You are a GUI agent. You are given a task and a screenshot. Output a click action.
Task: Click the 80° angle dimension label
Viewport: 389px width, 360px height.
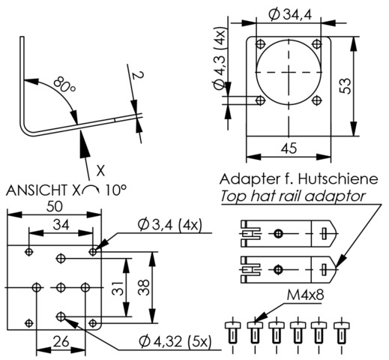(x=64, y=85)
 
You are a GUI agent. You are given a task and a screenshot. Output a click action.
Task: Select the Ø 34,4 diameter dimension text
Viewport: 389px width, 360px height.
(x=290, y=15)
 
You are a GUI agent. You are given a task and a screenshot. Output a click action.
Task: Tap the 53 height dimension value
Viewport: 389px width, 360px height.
(x=346, y=86)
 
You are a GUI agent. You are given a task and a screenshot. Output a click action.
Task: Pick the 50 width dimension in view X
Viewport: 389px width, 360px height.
(x=55, y=207)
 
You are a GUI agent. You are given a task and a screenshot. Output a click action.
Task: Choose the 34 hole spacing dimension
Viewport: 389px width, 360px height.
(x=61, y=225)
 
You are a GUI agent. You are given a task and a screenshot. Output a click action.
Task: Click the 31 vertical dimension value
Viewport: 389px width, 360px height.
(x=118, y=288)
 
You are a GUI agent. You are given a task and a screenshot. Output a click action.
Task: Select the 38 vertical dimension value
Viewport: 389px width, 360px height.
(x=144, y=288)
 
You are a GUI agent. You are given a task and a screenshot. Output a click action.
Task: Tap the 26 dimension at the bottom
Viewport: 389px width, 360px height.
(x=61, y=341)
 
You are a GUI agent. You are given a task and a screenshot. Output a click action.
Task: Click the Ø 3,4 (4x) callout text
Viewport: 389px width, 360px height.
(x=169, y=225)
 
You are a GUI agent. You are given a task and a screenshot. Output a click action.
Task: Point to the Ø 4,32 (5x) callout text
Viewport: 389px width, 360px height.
(x=175, y=341)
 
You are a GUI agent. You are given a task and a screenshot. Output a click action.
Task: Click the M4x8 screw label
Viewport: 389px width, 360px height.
(x=305, y=295)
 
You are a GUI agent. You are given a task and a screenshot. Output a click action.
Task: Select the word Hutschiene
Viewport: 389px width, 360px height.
(x=338, y=179)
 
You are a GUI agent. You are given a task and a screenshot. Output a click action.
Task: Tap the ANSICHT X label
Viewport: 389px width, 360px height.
(x=43, y=190)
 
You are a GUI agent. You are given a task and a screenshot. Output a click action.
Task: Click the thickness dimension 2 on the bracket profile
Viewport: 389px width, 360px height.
(x=138, y=75)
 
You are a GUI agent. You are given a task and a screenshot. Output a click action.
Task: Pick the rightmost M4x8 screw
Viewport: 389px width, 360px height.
(x=342, y=333)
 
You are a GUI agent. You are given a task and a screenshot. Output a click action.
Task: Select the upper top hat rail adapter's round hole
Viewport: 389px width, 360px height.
(x=278, y=234)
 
